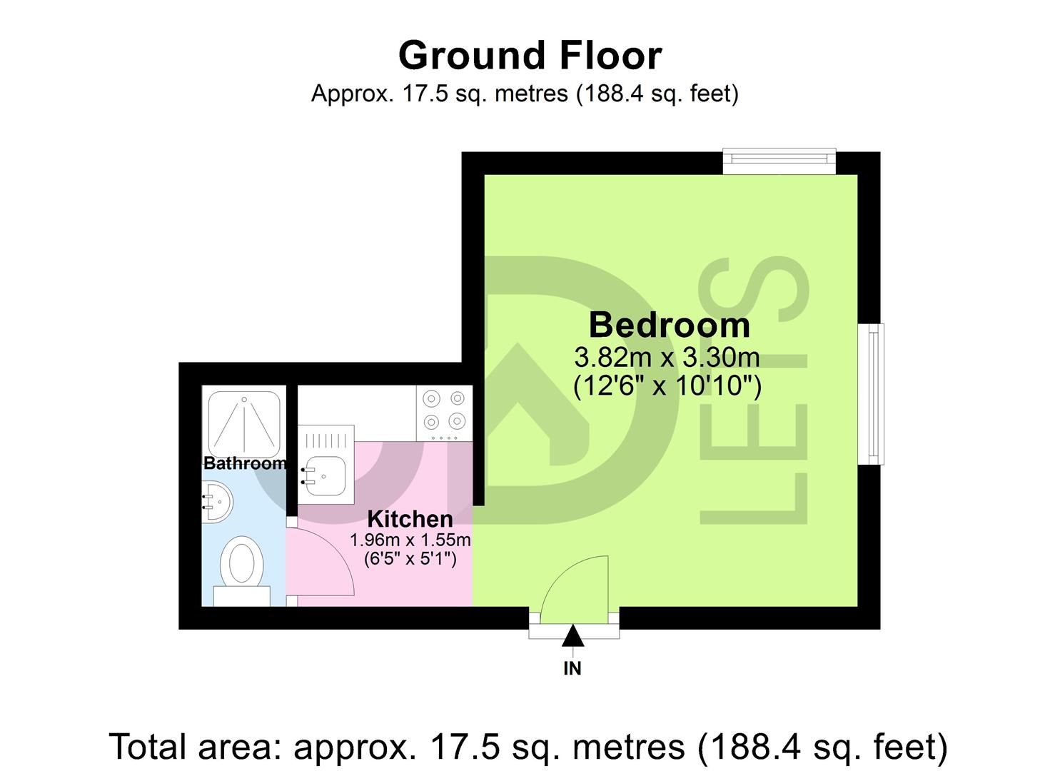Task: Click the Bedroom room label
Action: coord(669,326)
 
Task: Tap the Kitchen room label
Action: coord(410,519)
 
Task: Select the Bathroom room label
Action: coord(245,463)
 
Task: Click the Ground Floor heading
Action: coord(530,56)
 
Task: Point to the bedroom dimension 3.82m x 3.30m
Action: coord(667,356)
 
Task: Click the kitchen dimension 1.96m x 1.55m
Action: coord(410,540)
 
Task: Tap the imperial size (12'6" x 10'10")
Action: coord(667,386)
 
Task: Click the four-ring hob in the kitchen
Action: coord(444,413)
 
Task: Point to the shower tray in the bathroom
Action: coord(243,422)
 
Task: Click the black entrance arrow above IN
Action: coord(573,635)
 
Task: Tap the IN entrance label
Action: coord(572,669)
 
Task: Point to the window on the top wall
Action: coord(779,161)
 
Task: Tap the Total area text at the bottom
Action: coord(529,747)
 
